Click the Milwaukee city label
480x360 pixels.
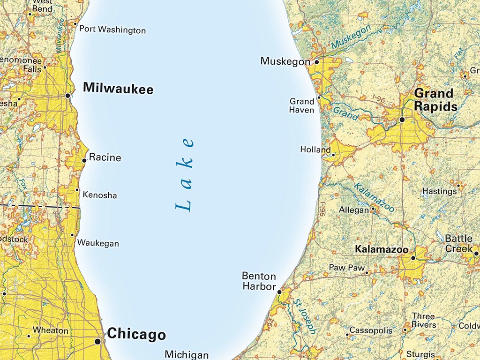coord(118,89)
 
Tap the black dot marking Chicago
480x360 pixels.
coord(97,342)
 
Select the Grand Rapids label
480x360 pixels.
coord(435,99)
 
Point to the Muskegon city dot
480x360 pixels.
coord(316,61)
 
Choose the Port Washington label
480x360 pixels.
coord(112,30)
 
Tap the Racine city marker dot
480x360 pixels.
coord(84,160)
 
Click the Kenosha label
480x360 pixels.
coord(99,195)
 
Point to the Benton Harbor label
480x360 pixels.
coord(259,281)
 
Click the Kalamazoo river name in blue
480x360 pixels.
coord(374,197)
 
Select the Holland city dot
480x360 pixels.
coord(333,155)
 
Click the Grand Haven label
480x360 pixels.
coord(301,105)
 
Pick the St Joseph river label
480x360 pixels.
coord(305,316)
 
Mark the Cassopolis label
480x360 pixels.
coord(371,330)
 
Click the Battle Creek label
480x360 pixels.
coord(458,243)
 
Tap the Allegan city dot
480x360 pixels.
coord(373,209)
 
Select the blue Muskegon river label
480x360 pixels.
coord(350,37)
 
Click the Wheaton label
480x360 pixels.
coord(51,330)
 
